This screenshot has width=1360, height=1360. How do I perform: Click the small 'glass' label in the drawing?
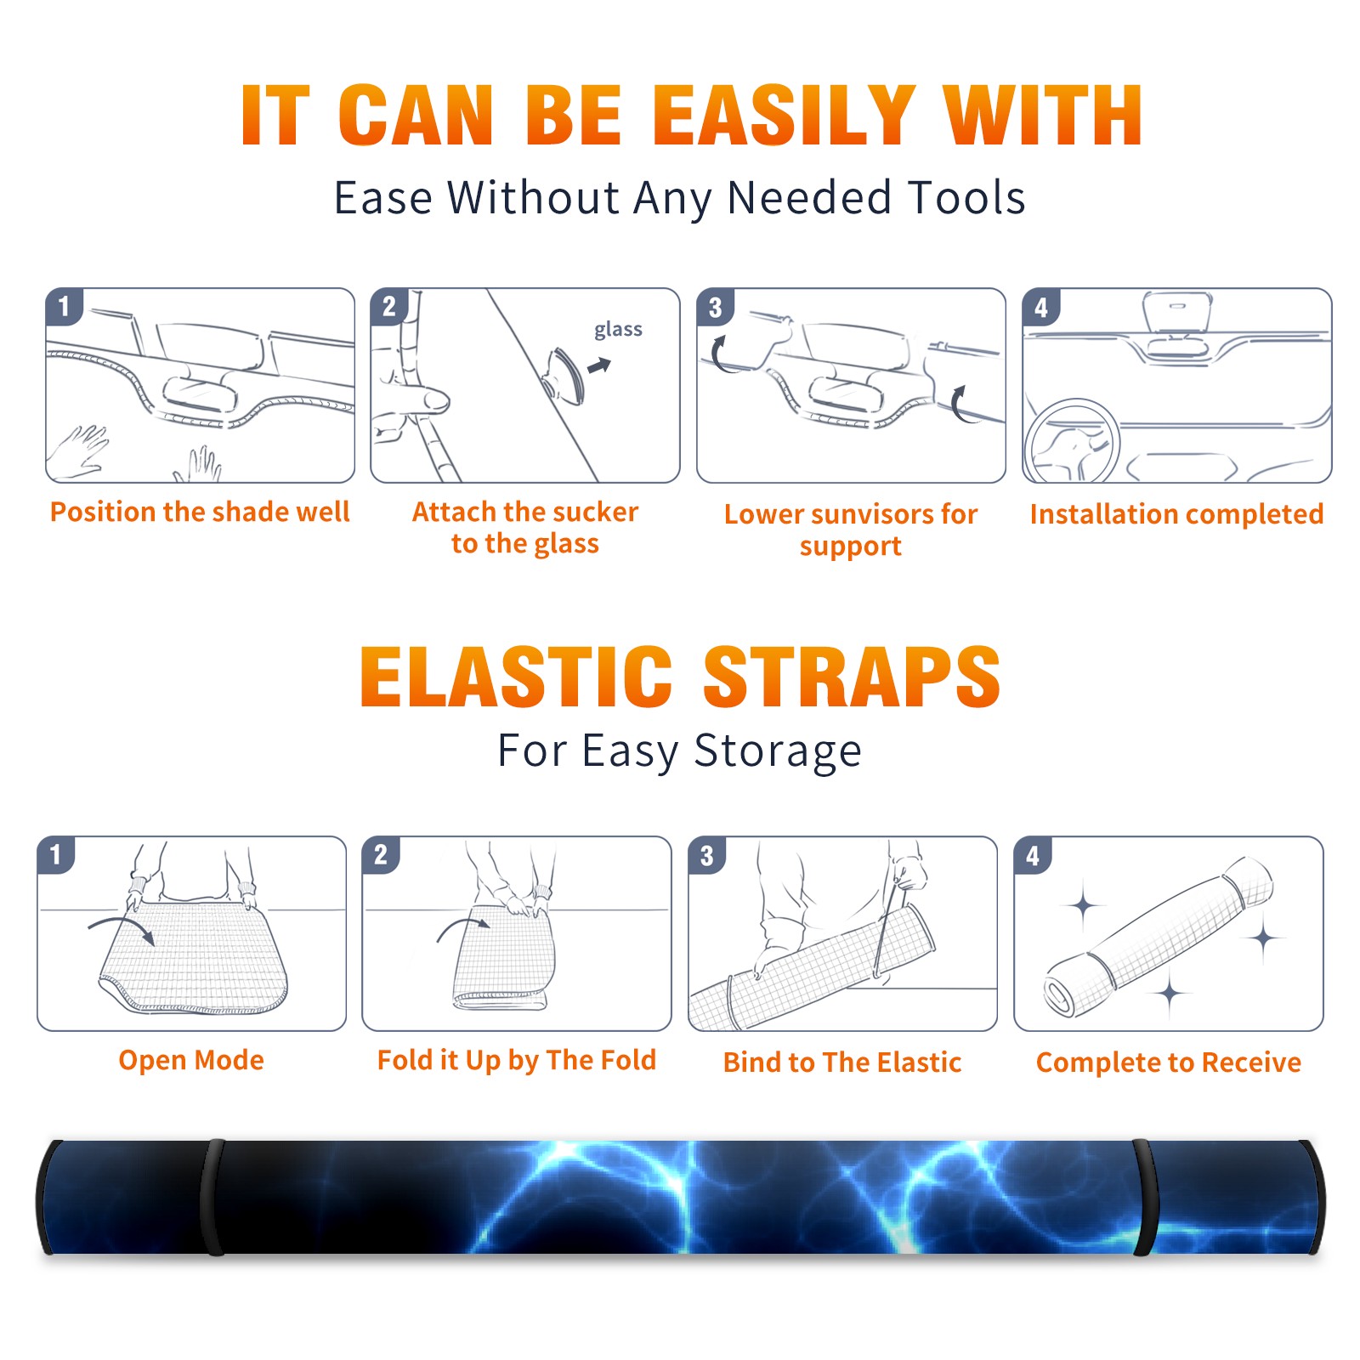coord(618,330)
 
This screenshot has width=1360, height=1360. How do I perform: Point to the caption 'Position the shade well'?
coord(200,512)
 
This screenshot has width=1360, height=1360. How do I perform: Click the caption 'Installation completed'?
coord(1176,514)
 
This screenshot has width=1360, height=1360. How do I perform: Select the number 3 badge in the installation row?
coord(715,308)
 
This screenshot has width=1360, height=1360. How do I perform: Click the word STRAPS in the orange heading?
coord(852,677)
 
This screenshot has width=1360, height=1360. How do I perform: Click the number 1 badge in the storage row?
coord(56,855)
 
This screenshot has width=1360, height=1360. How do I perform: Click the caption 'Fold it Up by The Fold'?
coord(517,1061)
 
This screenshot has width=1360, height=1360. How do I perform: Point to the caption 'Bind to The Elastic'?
coord(842,1062)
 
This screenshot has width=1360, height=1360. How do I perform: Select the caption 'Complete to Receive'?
coord(1169,1062)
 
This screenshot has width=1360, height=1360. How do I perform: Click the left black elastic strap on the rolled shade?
coord(212,1197)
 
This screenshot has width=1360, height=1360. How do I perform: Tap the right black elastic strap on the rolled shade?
coord(1144,1197)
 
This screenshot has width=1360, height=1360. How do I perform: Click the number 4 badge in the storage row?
coord(1033,855)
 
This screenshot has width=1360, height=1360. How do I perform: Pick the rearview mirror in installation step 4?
coord(1177,313)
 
